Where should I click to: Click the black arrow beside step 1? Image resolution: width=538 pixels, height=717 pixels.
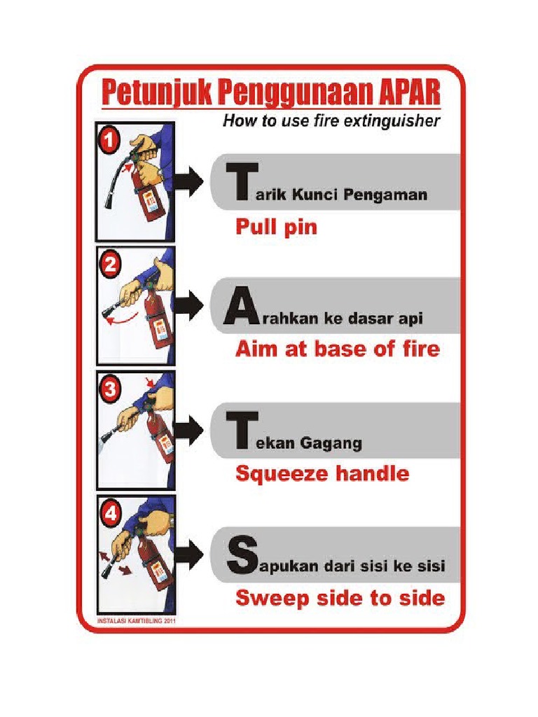[x=188, y=181]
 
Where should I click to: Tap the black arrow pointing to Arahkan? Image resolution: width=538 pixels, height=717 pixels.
[x=188, y=307]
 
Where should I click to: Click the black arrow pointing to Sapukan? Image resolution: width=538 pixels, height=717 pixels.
[x=188, y=555]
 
